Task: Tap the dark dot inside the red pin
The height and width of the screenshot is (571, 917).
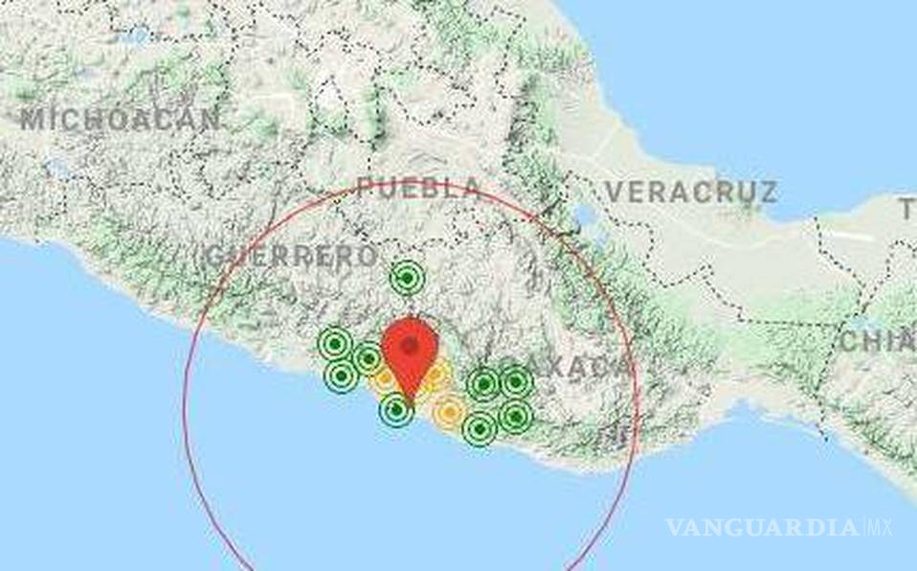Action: point(410,345)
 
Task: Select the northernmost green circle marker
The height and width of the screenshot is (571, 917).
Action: point(407,279)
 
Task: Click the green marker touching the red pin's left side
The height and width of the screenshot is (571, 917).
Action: point(368,358)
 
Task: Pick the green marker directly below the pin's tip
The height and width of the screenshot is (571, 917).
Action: point(396,411)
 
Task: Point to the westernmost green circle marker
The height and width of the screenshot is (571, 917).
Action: point(334,343)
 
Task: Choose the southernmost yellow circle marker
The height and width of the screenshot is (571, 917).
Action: point(448,413)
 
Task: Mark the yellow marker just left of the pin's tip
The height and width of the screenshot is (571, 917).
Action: point(383,379)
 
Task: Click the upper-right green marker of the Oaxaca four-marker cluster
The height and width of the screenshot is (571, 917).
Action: point(516,382)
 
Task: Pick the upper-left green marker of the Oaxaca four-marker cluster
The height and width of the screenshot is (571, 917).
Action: point(484,384)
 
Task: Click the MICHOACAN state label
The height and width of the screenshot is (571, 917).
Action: point(120,120)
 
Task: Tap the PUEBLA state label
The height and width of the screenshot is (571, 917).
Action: point(418,188)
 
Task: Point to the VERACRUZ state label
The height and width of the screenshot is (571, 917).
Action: point(690,192)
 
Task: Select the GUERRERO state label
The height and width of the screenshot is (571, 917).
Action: point(292,257)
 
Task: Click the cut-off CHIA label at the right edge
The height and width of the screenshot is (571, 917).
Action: point(877,341)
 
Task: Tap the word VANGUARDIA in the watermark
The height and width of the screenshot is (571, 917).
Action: point(762,527)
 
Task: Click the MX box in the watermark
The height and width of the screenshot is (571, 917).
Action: point(878,527)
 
